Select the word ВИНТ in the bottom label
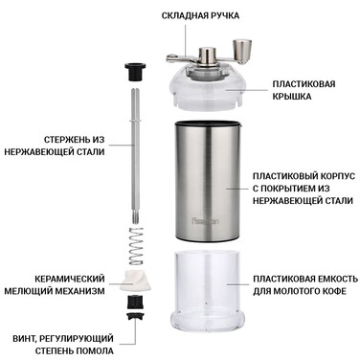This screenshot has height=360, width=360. click(20, 338)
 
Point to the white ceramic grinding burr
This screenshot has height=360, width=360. click(134, 280)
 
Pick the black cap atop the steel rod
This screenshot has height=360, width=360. click(134, 72)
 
